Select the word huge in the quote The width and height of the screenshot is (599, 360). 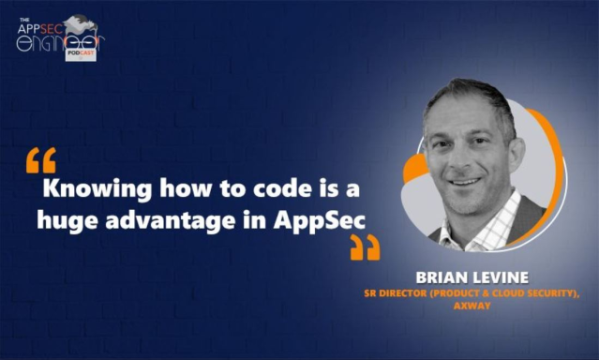[67, 220]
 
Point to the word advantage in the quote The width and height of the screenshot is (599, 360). [162, 220]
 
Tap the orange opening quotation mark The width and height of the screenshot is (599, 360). [41, 160]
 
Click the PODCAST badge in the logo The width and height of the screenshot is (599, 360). [80, 55]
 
